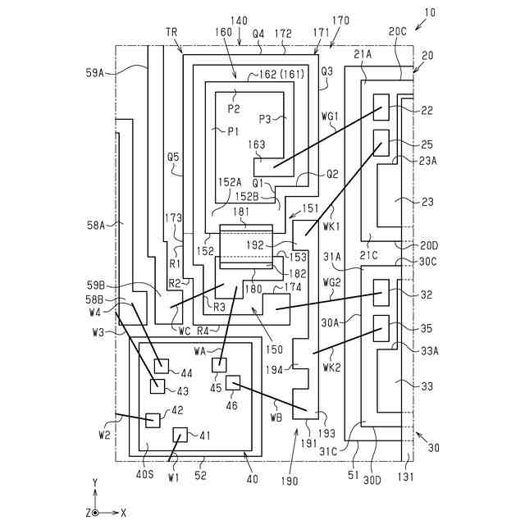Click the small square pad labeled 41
pos(180,435)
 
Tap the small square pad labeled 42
pos(153,420)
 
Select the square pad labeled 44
pos(162,366)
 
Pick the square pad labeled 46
pos(233,382)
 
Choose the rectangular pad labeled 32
pos(381,290)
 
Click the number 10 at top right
pos(431,16)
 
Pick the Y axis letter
pos(95,482)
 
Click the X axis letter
pos(123,512)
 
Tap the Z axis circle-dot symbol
pos(95,512)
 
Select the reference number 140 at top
pos(239,21)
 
